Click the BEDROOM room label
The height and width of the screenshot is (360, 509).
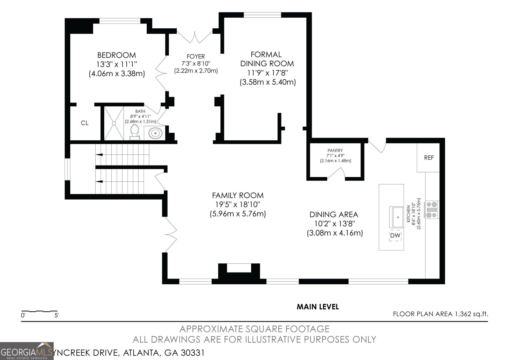[x=116, y=55]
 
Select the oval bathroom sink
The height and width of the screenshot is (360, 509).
[x=155, y=133]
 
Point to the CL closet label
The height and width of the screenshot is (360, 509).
[x=85, y=123]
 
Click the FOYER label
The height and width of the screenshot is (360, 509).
[x=196, y=57]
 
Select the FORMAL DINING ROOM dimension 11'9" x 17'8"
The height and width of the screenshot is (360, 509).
[x=268, y=73]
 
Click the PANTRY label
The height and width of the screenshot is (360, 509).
[x=335, y=150]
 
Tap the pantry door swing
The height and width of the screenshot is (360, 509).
[x=337, y=173]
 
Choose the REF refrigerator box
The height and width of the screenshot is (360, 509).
[x=429, y=158]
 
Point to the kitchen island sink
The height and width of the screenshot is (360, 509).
[x=397, y=217]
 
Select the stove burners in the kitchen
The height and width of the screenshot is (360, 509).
[x=432, y=210]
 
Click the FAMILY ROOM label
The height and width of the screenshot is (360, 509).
[x=238, y=195]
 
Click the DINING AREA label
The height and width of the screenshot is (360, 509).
[x=334, y=215]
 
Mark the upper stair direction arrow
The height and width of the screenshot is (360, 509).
[x=99, y=154]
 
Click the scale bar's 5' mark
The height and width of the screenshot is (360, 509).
[x=57, y=316]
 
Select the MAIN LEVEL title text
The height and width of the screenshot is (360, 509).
[x=317, y=307]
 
